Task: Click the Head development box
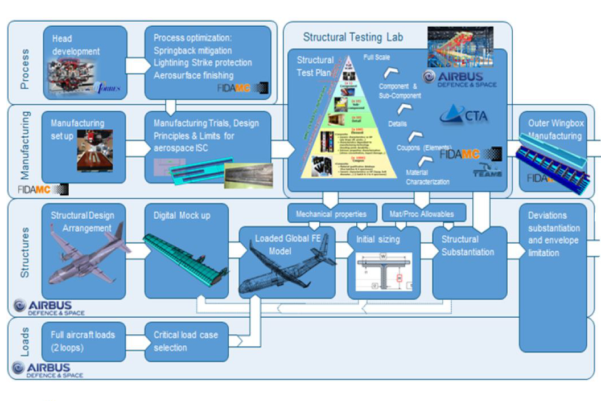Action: (84, 63)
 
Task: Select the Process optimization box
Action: (208, 63)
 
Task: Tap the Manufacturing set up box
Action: (84, 147)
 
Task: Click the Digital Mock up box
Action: (186, 251)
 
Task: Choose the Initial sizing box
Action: (384, 263)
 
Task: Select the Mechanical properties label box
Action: (331, 214)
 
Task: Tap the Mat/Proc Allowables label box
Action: (423, 214)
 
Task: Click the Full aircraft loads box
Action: (84, 341)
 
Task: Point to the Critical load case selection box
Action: (186, 341)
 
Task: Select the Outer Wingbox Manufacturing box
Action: (553, 152)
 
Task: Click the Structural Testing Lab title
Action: (353, 38)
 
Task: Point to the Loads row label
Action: (25, 341)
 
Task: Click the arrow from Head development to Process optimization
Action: (135, 65)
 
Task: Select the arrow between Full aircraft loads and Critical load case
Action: (135, 341)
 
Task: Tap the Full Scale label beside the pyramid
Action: (377, 58)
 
